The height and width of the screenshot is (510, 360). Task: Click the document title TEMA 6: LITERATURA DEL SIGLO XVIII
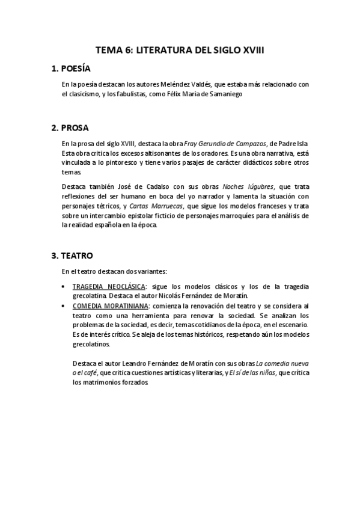[180, 52]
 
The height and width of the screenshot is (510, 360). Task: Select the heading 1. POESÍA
[71, 69]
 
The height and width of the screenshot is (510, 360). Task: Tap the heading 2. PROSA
[70, 127]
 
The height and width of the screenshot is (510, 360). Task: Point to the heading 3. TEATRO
[72, 255]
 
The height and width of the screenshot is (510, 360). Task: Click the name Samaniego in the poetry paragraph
[225, 94]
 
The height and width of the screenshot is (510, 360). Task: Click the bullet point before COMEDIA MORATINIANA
[64, 306]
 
